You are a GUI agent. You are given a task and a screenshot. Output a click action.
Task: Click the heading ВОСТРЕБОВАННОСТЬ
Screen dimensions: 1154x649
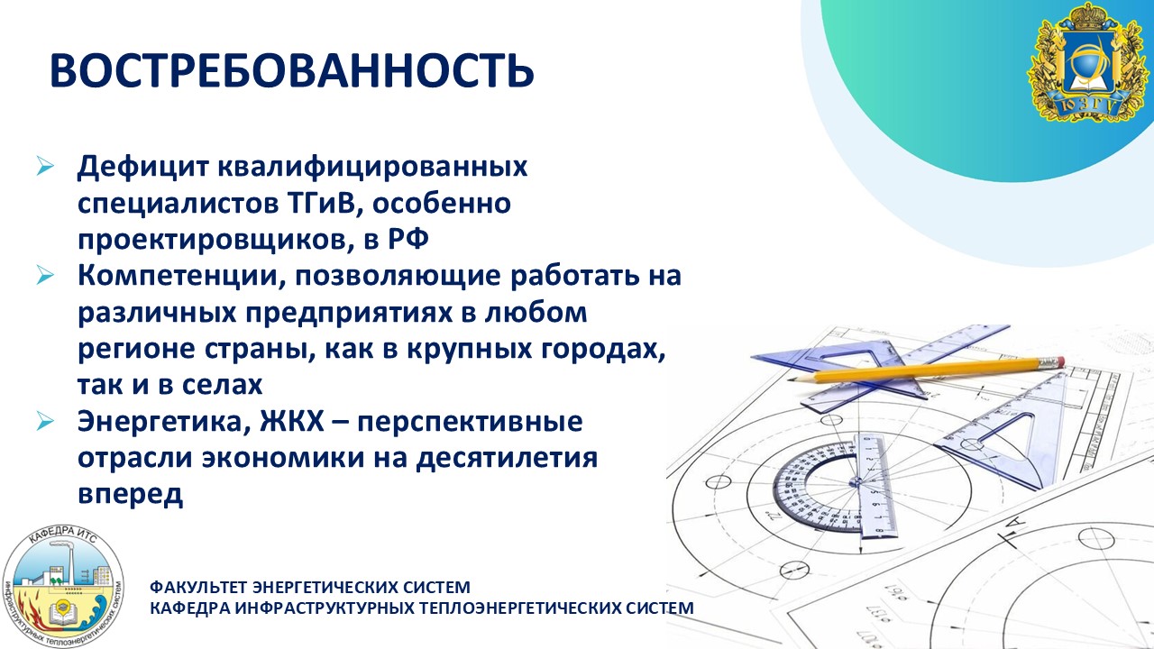point(292,69)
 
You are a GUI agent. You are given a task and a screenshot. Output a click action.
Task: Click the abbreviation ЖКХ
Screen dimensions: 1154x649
point(292,422)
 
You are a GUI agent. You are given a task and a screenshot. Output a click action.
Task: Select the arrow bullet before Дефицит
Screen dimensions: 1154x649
point(45,167)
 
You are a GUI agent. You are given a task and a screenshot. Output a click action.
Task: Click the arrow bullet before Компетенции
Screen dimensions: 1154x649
point(45,275)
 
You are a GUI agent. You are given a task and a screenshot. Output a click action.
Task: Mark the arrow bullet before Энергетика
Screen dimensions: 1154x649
point(45,421)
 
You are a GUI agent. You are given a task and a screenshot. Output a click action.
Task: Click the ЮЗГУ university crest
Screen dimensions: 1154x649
point(1088,62)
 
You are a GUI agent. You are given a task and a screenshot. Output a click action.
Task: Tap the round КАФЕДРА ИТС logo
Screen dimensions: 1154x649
point(63,587)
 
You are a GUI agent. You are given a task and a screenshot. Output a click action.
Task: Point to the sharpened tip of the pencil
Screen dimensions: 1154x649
point(791,379)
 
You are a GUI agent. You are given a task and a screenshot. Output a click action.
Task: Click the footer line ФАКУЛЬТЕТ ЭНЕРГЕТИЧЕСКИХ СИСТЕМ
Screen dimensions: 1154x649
point(310,587)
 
